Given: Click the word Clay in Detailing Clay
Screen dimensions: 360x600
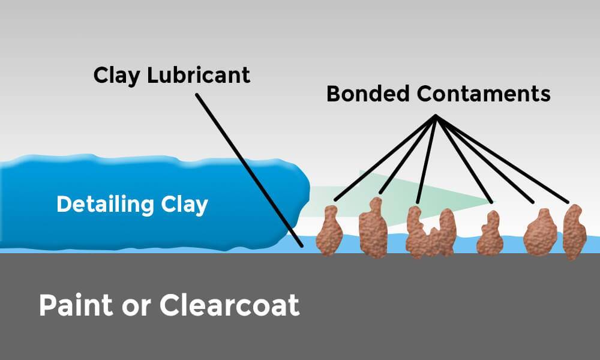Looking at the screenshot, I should click(x=182, y=205).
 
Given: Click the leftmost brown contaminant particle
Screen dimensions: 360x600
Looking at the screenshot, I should click(x=328, y=231).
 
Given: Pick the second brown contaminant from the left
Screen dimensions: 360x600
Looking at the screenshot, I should click(x=372, y=229).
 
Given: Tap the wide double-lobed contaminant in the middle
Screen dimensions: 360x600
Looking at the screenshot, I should click(x=429, y=233).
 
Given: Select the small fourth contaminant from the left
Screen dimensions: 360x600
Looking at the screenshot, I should click(x=489, y=234).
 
